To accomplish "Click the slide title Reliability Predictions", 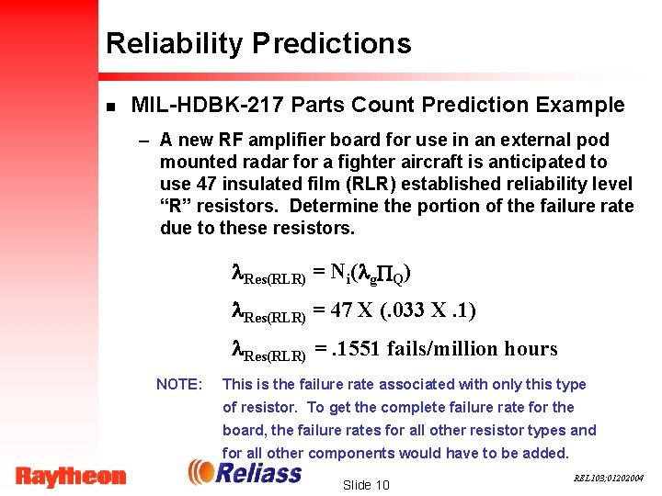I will pos(258,43).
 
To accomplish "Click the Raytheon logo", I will pos(71,476).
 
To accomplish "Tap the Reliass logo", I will pos(245,472).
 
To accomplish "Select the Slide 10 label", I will pos(366,484).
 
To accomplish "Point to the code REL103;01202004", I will pos(609,479).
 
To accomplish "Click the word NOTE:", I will pos(179,384).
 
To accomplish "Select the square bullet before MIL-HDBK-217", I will pos(110,107).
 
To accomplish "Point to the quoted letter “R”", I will pos(179,206).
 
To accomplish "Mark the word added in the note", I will pos(546,453).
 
